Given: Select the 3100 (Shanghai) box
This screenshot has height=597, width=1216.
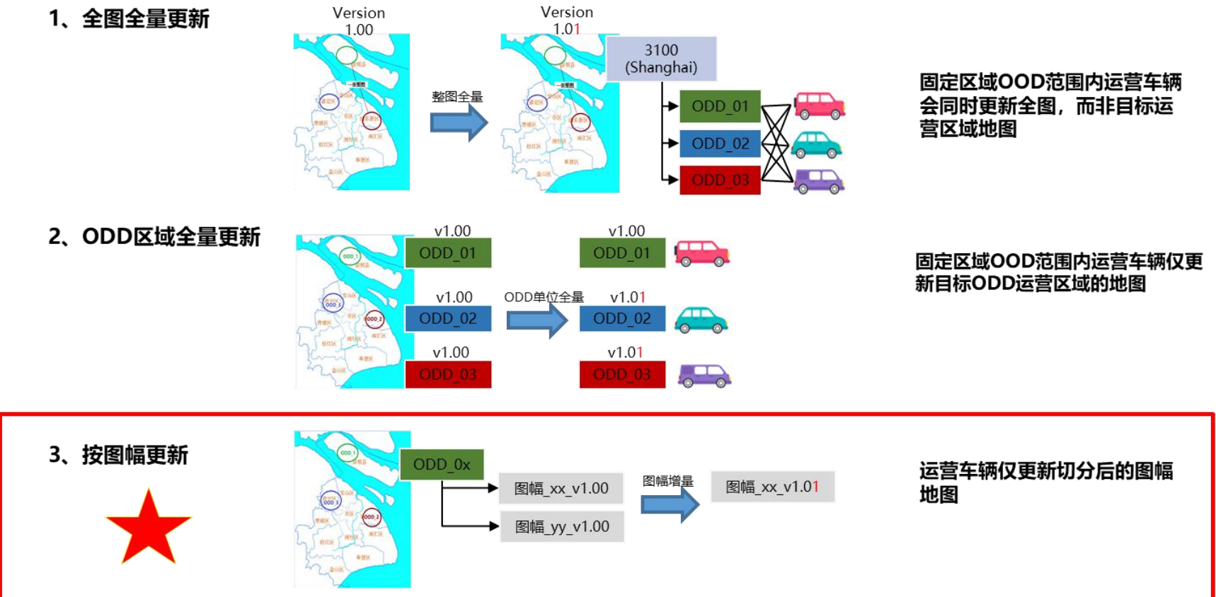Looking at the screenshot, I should click(661, 59).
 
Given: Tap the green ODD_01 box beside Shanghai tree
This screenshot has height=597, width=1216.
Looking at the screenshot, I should click(720, 106).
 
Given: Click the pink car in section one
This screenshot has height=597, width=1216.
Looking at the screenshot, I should click(819, 105).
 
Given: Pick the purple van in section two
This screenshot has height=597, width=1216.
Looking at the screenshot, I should click(704, 375).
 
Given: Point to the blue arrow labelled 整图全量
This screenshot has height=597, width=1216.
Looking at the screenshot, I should click(459, 122).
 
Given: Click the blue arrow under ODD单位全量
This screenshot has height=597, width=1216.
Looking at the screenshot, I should click(537, 320).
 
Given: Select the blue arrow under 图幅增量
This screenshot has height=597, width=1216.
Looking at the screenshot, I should click(670, 504).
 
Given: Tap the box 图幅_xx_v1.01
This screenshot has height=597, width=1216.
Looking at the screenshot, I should click(772, 487).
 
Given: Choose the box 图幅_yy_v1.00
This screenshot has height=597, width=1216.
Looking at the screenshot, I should click(562, 527).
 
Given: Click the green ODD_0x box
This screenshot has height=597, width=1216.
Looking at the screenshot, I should click(442, 465).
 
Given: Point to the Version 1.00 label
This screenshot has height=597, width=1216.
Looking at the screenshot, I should click(359, 21).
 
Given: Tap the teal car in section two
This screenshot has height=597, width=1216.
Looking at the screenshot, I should click(701, 320).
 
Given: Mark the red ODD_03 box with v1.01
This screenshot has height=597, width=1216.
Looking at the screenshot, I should click(622, 374).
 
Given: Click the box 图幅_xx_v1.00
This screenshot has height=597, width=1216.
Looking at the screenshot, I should click(561, 488).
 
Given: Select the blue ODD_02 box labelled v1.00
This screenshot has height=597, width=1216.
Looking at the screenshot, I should click(448, 318).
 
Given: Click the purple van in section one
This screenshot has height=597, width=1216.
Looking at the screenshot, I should click(819, 181).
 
